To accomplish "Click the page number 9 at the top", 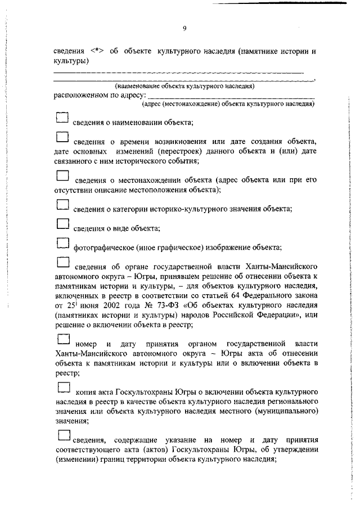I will click(184, 29).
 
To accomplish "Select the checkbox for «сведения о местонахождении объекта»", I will click(62, 176).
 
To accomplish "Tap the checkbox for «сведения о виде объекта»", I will click(62, 224).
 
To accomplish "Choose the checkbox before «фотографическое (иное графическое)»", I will click(62, 244).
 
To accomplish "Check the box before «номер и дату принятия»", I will click(64, 340).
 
